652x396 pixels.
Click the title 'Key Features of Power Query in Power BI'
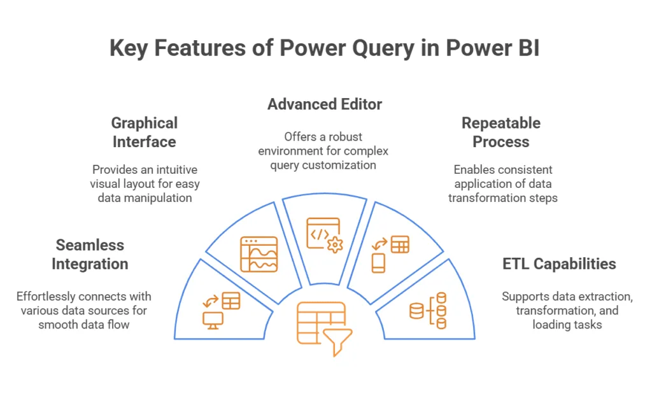[325, 48]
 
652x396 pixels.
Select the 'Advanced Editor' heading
[325, 104]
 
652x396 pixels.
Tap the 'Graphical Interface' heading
[145, 132]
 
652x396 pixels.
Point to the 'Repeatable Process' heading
[501, 132]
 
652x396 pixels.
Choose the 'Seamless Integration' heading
[90, 254]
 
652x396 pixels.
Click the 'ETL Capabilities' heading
[559, 264]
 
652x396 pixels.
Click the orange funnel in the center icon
[338, 341]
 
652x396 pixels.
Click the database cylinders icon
[428, 310]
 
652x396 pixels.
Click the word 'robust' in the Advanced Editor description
[351, 138]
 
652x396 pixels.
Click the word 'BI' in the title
[527, 48]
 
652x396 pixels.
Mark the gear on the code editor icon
[334, 244]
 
